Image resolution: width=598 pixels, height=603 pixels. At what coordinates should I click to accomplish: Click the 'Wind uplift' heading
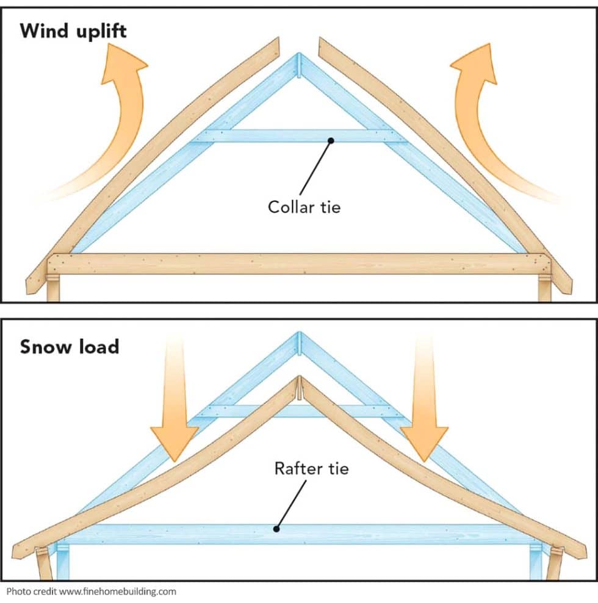point(73,31)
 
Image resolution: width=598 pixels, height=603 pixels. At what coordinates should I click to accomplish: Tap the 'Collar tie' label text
point(304,207)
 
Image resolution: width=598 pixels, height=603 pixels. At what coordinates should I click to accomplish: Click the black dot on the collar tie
point(330,140)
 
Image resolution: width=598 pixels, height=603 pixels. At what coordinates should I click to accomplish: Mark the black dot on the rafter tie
point(276,529)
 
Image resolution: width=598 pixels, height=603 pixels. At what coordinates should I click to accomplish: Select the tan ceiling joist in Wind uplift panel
point(299,264)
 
